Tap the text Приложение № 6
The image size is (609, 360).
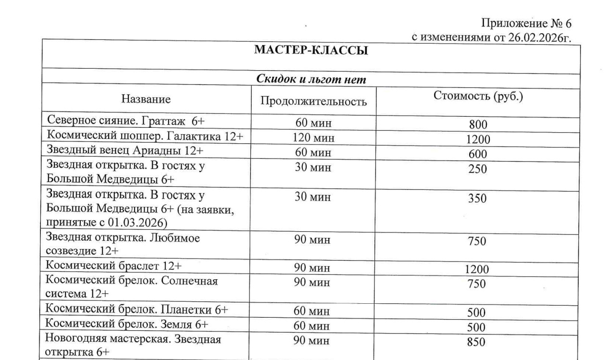click(526, 24)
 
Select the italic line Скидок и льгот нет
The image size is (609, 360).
click(311, 79)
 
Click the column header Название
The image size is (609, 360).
click(146, 99)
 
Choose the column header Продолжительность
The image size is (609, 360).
click(313, 101)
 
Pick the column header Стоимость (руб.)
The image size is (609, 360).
click(478, 96)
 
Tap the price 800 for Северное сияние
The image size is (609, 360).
click(478, 125)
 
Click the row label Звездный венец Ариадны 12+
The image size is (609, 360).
click(125, 150)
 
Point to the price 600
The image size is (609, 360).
click(478, 154)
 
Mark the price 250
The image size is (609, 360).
click(478, 169)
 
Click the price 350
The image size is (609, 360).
click(477, 199)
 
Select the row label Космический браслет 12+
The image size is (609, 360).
click(114, 266)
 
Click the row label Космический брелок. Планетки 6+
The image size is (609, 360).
click(137, 309)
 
